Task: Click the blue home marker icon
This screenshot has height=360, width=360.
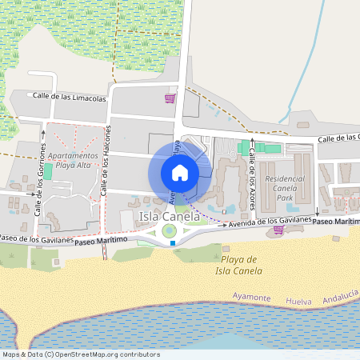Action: (x=180, y=173)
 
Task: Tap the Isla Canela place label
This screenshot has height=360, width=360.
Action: (x=170, y=217)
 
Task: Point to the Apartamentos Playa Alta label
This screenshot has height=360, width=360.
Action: (x=74, y=159)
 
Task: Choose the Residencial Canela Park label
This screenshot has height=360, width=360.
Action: (x=285, y=188)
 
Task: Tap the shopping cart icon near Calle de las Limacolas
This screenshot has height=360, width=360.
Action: (x=170, y=98)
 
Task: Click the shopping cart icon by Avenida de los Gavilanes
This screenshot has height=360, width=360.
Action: (x=278, y=230)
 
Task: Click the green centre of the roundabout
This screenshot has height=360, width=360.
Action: (x=169, y=232)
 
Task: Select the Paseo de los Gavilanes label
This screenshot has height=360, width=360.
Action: (x=37, y=239)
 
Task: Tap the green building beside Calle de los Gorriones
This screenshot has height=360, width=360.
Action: (x=47, y=171)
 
